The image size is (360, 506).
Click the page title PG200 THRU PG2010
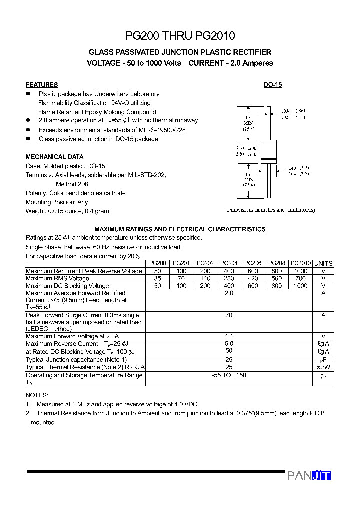(x=179, y=36)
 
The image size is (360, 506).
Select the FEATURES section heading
(x=42, y=85)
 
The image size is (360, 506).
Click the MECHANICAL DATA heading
(x=55, y=157)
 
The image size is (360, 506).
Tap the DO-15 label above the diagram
(x=273, y=85)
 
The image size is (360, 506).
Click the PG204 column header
(x=229, y=263)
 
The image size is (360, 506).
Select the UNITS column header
(x=323, y=263)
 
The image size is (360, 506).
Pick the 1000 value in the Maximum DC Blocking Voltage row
(x=301, y=286)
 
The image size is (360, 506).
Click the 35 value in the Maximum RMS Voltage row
(x=158, y=278)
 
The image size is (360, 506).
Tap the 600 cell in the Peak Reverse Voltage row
(x=253, y=271)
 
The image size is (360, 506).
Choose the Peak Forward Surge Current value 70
(x=229, y=315)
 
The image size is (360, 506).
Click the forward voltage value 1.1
(x=229, y=336)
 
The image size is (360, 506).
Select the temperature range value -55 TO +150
(x=229, y=375)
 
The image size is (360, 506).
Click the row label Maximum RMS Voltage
(x=58, y=278)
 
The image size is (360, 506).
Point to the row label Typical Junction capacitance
(x=76, y=359)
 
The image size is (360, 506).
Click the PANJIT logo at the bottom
(x=309, y=475)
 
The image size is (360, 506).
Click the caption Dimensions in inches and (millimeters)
(x=271, y=210)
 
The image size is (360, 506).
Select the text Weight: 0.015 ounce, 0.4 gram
(x=67, y=211)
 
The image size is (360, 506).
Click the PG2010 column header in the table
(x=301, y=263)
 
